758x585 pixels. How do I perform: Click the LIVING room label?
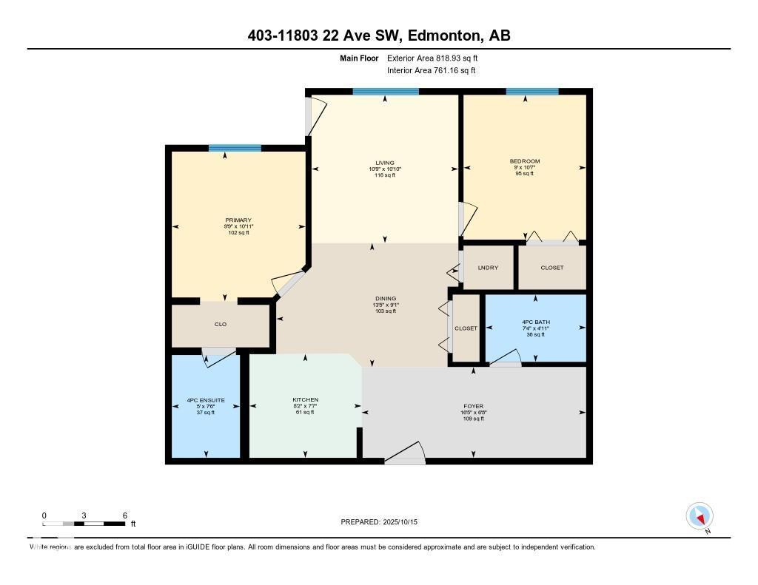[384, 163]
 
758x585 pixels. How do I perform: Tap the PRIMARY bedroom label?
[238, 220]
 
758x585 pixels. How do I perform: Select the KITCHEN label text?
[305, 400]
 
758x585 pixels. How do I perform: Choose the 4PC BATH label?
[534, 322]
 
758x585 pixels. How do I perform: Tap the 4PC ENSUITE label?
[206, 400]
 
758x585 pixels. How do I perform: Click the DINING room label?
[384, 299]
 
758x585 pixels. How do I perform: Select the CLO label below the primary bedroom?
[220, 325]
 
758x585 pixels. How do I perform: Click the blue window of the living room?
[386, 92]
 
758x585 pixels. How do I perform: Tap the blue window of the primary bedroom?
[235, 148]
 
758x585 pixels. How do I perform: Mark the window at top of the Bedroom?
[531, 92]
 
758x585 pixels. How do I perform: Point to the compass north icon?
[700, 516]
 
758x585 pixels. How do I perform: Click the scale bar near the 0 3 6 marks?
[84, 524]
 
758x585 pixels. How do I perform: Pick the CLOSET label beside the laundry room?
[552, 268]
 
